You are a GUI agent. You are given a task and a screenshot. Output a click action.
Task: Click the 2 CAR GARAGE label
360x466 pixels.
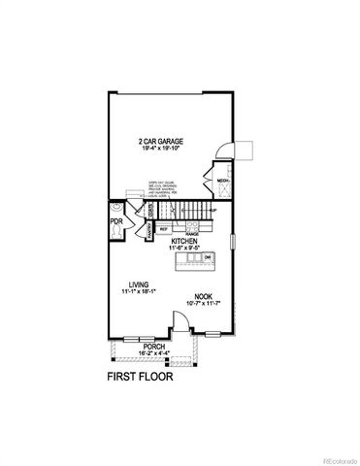tap(160, 141)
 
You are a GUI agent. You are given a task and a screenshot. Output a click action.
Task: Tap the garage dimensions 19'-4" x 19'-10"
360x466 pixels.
tap(160, 149)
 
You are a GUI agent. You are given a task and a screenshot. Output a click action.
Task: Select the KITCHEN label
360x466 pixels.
tap(184, 241)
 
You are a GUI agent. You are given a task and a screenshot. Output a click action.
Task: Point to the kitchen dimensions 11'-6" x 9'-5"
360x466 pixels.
tap(184, 249)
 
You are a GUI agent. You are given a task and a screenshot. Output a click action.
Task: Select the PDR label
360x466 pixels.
tap(115, 220)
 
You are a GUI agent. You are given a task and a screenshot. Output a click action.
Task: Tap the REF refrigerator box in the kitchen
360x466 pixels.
tap(164, 229)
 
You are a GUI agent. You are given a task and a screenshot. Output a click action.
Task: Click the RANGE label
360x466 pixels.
tap(192, 234)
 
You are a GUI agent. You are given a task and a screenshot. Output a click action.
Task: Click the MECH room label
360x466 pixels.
tap(221, 181)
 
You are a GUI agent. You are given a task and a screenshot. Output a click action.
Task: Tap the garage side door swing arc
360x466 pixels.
tap(224, 146)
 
